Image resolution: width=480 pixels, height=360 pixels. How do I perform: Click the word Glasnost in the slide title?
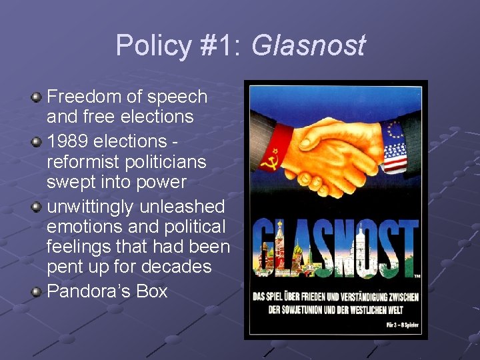pos(309,46)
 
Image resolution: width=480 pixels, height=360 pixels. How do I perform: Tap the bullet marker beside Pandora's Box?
pos(37,291)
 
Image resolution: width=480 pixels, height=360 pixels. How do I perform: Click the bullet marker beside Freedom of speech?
pos(37,97)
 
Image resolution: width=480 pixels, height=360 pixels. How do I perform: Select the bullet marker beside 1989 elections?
pos(37,142)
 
